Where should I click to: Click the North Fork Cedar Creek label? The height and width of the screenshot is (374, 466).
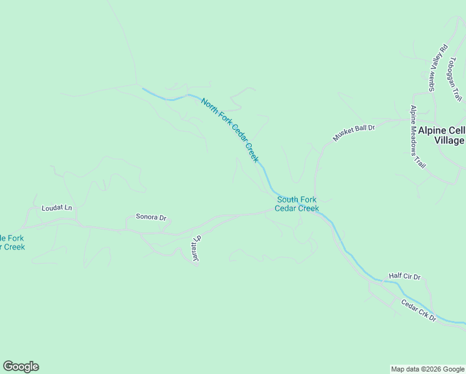229,130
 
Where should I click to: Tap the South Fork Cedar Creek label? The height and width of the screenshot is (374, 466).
297,204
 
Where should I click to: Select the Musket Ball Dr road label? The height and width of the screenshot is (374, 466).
353,133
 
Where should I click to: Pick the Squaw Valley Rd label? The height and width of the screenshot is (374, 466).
437,67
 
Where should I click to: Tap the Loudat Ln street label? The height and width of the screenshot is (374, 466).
57,208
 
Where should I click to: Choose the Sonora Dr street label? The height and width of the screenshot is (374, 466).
151,218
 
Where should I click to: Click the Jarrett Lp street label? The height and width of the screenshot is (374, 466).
195,249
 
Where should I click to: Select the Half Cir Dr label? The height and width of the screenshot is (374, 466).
405,276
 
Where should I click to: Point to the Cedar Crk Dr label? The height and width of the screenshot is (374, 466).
419,310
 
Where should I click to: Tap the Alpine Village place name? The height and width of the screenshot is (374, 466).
441,135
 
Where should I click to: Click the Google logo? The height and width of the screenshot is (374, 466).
21,367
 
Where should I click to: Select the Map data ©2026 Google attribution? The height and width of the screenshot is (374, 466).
427,369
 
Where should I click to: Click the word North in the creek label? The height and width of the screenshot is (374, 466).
209,106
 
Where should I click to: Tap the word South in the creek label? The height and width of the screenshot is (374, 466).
288,199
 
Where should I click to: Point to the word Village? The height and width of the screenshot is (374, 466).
449,140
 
